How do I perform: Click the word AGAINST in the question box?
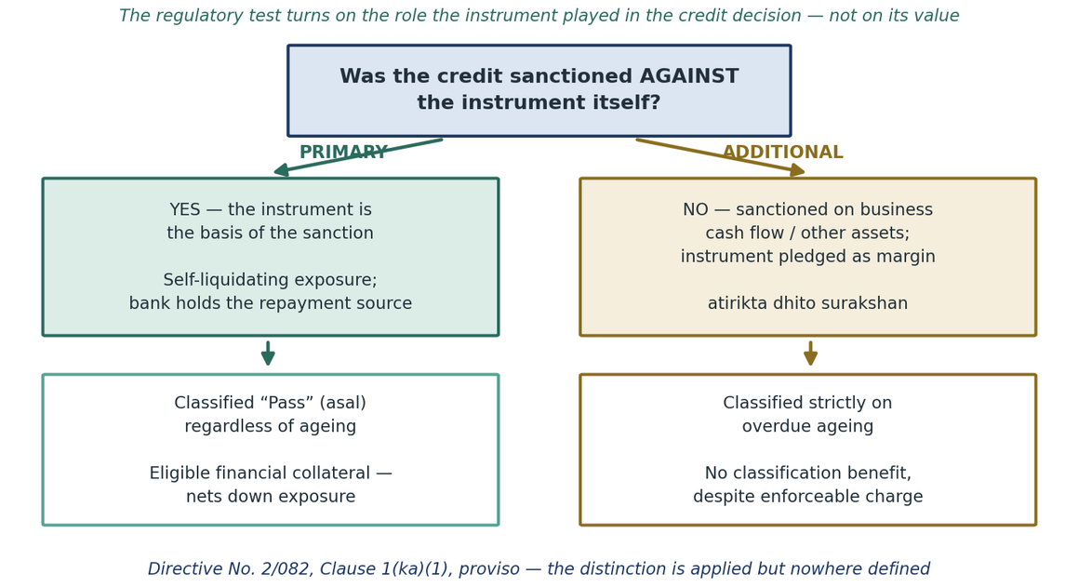click(689, 76)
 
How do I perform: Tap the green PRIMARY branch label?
click(344, 153)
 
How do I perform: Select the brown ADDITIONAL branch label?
click(782, 153)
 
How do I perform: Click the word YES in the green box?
click(185, 209)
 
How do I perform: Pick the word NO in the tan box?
click(695, 209)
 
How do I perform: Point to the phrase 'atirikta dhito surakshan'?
click(808, 303)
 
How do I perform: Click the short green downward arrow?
click(268, 354)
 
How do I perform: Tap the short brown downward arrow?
click(810, 354)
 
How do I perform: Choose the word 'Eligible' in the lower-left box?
click(177, 474)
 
